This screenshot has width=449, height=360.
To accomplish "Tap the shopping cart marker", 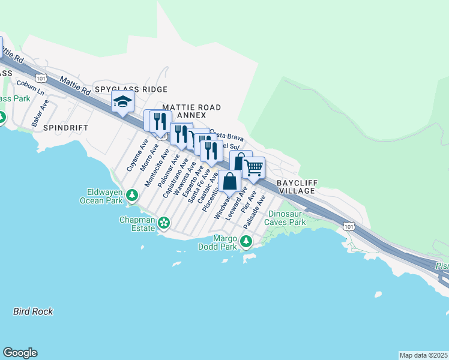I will (254, 167).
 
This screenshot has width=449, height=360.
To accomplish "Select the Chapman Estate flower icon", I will (163, 223).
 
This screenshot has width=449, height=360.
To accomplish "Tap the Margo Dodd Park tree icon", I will (246, 241).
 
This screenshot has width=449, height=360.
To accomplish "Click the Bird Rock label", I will (33, 311).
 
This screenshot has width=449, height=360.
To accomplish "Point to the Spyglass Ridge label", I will (131, 89).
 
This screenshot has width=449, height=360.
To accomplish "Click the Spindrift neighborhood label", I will (61, 128).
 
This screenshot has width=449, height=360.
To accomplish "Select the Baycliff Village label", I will (297, 186).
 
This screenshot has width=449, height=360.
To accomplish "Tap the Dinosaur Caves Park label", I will (287, 218).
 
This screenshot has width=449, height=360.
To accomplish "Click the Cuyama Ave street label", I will (137, 156).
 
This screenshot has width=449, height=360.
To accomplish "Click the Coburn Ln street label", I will (31, 88).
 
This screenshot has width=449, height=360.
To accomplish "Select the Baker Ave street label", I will (40, 112).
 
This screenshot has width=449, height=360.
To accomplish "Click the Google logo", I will (20, 353).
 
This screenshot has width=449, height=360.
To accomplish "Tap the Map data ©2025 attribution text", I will (423, 355).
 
